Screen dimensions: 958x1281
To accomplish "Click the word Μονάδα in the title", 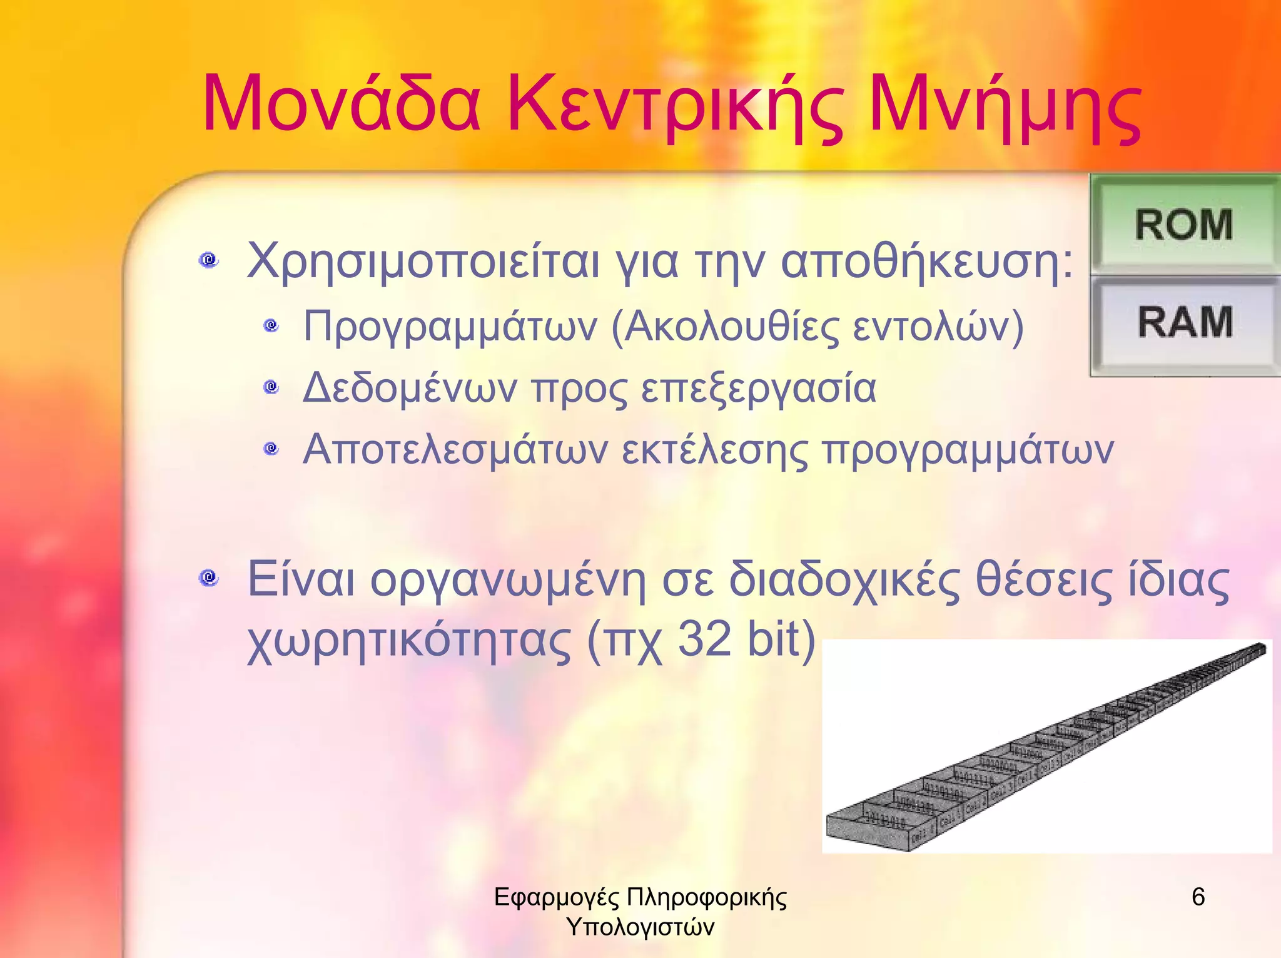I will click(x=342, y=104).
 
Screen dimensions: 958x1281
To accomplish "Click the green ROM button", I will click(x=1184, y=224).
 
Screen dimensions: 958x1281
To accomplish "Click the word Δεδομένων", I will click(x=410, y=388).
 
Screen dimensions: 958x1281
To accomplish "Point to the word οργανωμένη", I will click(x=507, y=581).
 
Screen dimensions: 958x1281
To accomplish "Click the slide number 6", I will click(x=1198, y=897).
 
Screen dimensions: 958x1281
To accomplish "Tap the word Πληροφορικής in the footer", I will click(x=707, y=897).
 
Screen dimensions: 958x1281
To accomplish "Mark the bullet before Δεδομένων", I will click(x=271, y=387).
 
